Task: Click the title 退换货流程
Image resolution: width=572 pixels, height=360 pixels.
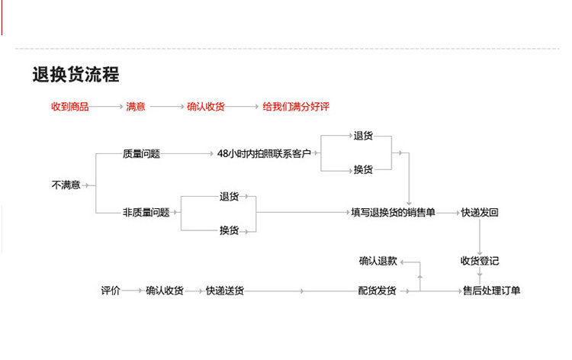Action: (76, 74)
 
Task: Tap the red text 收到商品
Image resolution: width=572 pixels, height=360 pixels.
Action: (69, 107)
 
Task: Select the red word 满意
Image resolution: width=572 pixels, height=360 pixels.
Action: (136, 107)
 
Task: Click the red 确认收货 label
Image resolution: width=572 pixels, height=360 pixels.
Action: (205, 107)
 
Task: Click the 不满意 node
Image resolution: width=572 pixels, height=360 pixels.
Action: (66, 185)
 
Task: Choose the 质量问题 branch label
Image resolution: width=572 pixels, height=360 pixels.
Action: (141, 153)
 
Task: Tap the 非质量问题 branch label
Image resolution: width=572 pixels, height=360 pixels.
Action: (146, 212)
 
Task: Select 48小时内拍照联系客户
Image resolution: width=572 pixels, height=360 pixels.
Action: (264, 153)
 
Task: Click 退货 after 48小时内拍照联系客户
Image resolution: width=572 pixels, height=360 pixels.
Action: (363, 136)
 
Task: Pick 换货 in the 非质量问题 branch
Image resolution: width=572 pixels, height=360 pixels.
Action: (229, 230)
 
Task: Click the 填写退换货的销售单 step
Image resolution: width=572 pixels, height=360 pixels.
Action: (393, 212)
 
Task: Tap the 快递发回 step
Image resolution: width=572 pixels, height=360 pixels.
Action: (479, 212)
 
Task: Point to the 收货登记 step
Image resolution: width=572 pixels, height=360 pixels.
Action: (479, 260)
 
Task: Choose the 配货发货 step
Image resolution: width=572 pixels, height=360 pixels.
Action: (378, 291)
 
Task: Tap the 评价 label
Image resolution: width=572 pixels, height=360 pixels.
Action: (111, 291)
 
